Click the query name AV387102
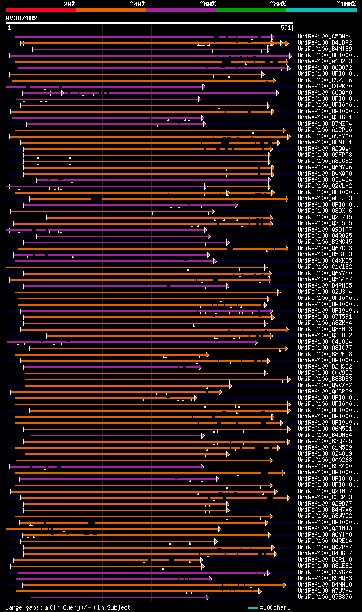tap(21, 18)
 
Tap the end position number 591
tap(286, 28)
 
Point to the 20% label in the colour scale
tap(69, 3)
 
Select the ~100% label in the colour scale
tap(346, 3)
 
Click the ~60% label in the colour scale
tap(208, 3)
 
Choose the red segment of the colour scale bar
tap(40, 10)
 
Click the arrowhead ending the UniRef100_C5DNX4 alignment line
tap(273, 37)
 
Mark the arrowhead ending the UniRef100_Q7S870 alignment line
tap(207, 597)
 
